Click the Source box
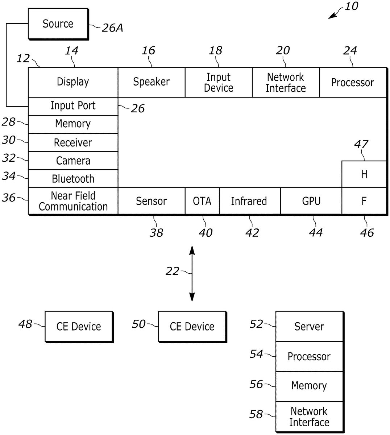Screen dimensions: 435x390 [58, 24]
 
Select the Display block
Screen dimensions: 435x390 [73, 82]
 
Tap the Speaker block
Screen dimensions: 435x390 [151, 82]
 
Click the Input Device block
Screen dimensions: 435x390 [219, 82]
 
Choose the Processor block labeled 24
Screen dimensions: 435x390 [353, 82]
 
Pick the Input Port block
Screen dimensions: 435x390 [73, 106]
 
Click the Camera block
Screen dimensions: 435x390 [73, 161]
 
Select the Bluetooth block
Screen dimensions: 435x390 [73, 179]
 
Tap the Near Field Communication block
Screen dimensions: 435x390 [73, 201]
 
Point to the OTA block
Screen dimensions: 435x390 [202, 201]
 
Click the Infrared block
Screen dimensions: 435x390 [249, 201]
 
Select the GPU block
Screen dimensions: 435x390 [311, 201]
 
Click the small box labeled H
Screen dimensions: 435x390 [364, 174]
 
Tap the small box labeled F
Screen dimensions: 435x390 [364, 201]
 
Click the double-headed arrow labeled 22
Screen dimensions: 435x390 [192, 274]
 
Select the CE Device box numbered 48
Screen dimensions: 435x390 [79, 327]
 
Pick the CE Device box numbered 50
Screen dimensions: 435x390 [192, 327]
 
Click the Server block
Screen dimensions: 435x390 [309, 327]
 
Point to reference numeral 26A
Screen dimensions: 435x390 [112, 28]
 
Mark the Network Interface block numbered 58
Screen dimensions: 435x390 [309, 417]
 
